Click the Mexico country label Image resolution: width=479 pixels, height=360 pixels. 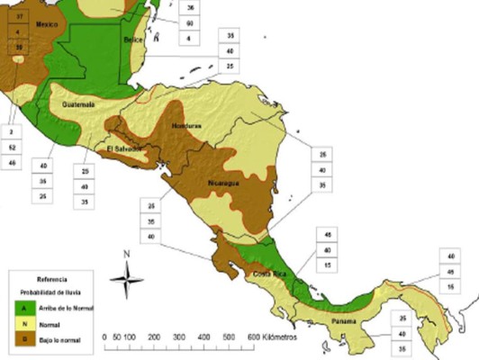pos(48,26)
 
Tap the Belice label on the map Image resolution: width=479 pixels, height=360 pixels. pos(133,41)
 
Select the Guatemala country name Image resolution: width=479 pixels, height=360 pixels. pos(79,104)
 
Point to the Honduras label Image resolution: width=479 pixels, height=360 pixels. pos(187,125)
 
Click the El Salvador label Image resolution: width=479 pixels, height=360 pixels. pos(124,148)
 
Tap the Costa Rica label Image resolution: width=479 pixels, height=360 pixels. pos(269,273)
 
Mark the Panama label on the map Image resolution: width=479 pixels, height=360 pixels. pos(342,321)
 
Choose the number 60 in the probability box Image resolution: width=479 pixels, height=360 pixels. pos(190,22)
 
